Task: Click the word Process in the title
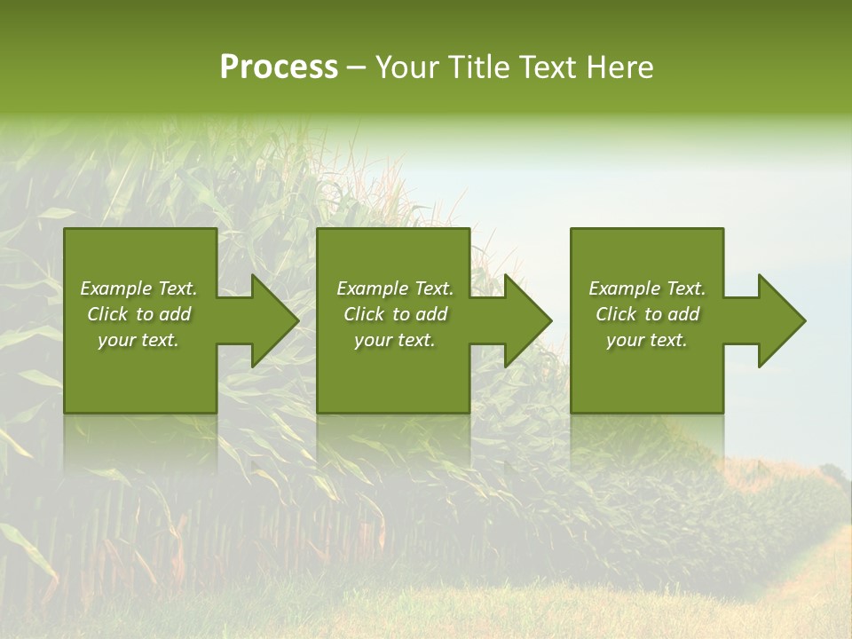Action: pyautogui.click(x=279, y=67)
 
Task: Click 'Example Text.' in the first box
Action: pyautogui.click(x=138, y=288)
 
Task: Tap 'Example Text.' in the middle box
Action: pyautogui.click(x=395, y=288)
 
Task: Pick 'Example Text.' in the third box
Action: pyautogui.click(x=647, y=288)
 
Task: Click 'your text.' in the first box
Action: pyautogui.click(x=138, y=340)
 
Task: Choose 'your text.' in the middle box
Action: pyautogui.click(x=395, y=340)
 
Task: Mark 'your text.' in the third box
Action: pyautogui.click(x=647, y=340)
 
